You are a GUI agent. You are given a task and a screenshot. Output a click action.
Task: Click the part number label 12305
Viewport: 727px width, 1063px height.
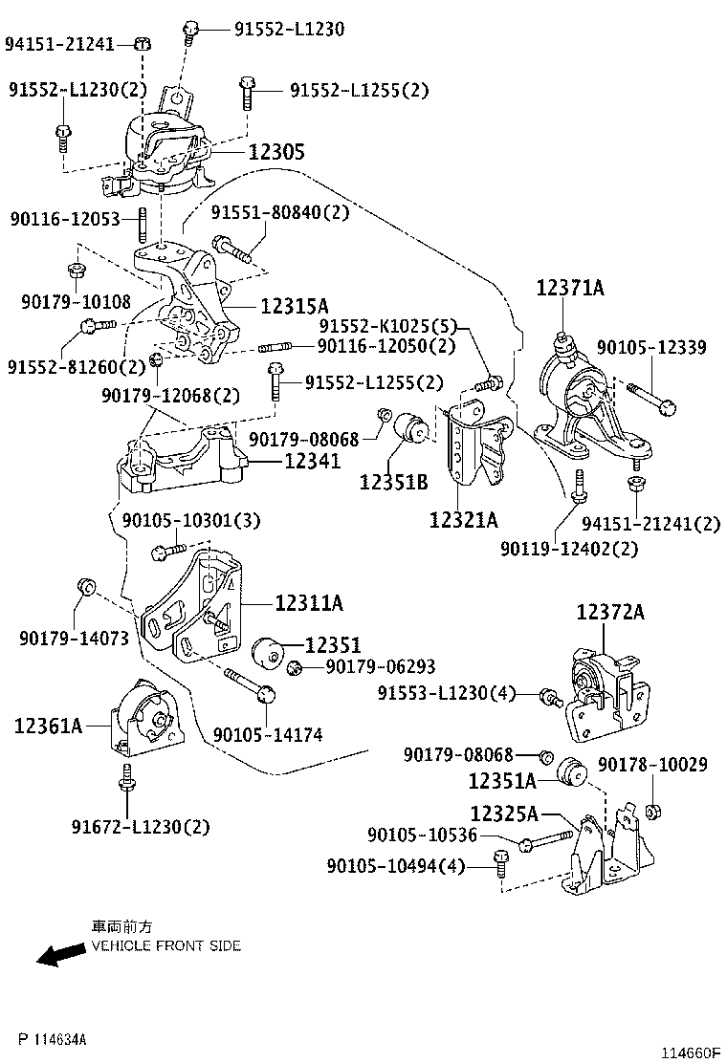[276, 151]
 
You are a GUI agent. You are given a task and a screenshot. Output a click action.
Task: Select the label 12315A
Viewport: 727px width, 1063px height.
[295, 307]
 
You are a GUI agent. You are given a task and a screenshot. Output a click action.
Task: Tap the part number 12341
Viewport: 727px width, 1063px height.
[312, 461]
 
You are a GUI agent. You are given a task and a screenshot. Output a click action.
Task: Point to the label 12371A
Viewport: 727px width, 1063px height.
[570, 288]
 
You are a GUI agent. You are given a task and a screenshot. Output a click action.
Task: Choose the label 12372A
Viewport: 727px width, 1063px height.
[610, 612]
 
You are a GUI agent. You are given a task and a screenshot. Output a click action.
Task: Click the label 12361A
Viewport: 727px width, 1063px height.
[48, 727]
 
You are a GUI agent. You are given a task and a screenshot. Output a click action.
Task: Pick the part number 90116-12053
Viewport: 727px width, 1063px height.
[65, 219]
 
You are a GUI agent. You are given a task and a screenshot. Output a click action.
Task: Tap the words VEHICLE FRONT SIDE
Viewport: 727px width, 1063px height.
[166, 945]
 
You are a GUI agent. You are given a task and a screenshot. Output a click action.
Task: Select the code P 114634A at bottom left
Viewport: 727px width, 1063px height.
[53, 1039]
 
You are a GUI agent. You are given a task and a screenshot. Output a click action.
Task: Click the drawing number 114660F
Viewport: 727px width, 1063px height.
[690, 1052]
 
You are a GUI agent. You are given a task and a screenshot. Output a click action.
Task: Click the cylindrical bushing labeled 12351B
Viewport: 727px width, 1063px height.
[410, 426]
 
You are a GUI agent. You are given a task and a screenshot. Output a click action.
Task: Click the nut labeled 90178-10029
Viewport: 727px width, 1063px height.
[653, 812]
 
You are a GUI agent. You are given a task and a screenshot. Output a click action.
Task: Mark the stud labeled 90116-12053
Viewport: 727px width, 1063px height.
[143, 225]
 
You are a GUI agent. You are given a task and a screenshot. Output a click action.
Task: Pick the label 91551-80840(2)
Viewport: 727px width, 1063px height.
[280, 212]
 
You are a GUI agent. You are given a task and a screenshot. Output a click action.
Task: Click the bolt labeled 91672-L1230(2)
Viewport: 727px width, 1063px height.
[127, 781]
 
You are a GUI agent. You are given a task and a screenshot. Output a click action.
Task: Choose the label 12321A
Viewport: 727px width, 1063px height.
[463, 520]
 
